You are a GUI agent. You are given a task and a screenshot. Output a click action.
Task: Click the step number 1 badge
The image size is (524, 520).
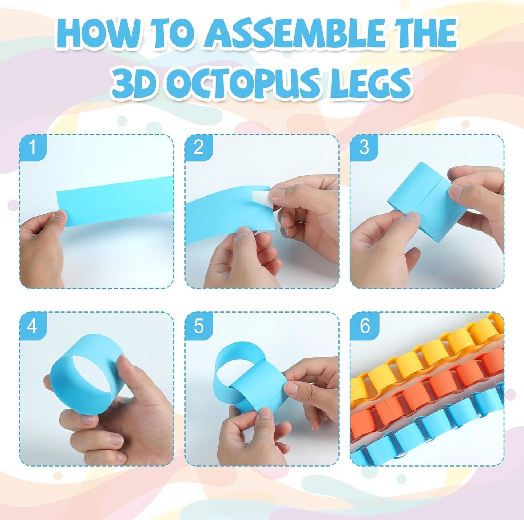pos(33,148)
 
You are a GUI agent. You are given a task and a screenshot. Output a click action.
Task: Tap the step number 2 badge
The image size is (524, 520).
pos(199,148)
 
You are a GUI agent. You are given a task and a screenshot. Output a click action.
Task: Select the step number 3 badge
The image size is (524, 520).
pos(364,148)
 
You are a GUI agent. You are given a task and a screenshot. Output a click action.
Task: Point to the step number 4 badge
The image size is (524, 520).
pos(33,325)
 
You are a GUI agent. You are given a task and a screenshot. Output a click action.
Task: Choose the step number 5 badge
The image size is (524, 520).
pos(199,325)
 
